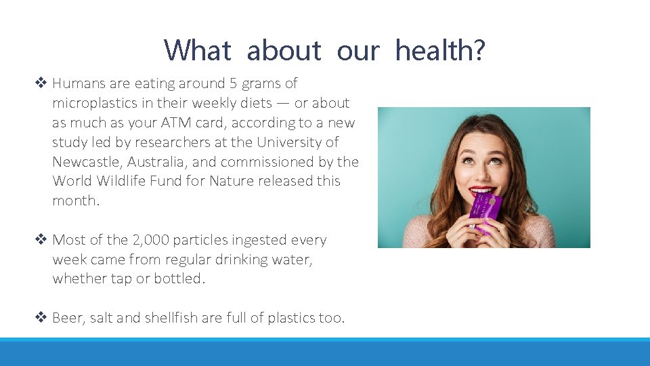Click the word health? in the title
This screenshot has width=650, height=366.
[x=440, y=50]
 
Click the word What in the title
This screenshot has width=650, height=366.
[x=198, y=50]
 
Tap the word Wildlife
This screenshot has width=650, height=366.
[x=125, y=181]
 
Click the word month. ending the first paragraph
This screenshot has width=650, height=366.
[x=75, y=201]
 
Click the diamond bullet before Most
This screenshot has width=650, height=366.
[x=40, y=240]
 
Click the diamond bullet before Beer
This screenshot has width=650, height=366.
[x=40, y=318]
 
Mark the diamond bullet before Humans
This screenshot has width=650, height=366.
[x=40, y=83]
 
